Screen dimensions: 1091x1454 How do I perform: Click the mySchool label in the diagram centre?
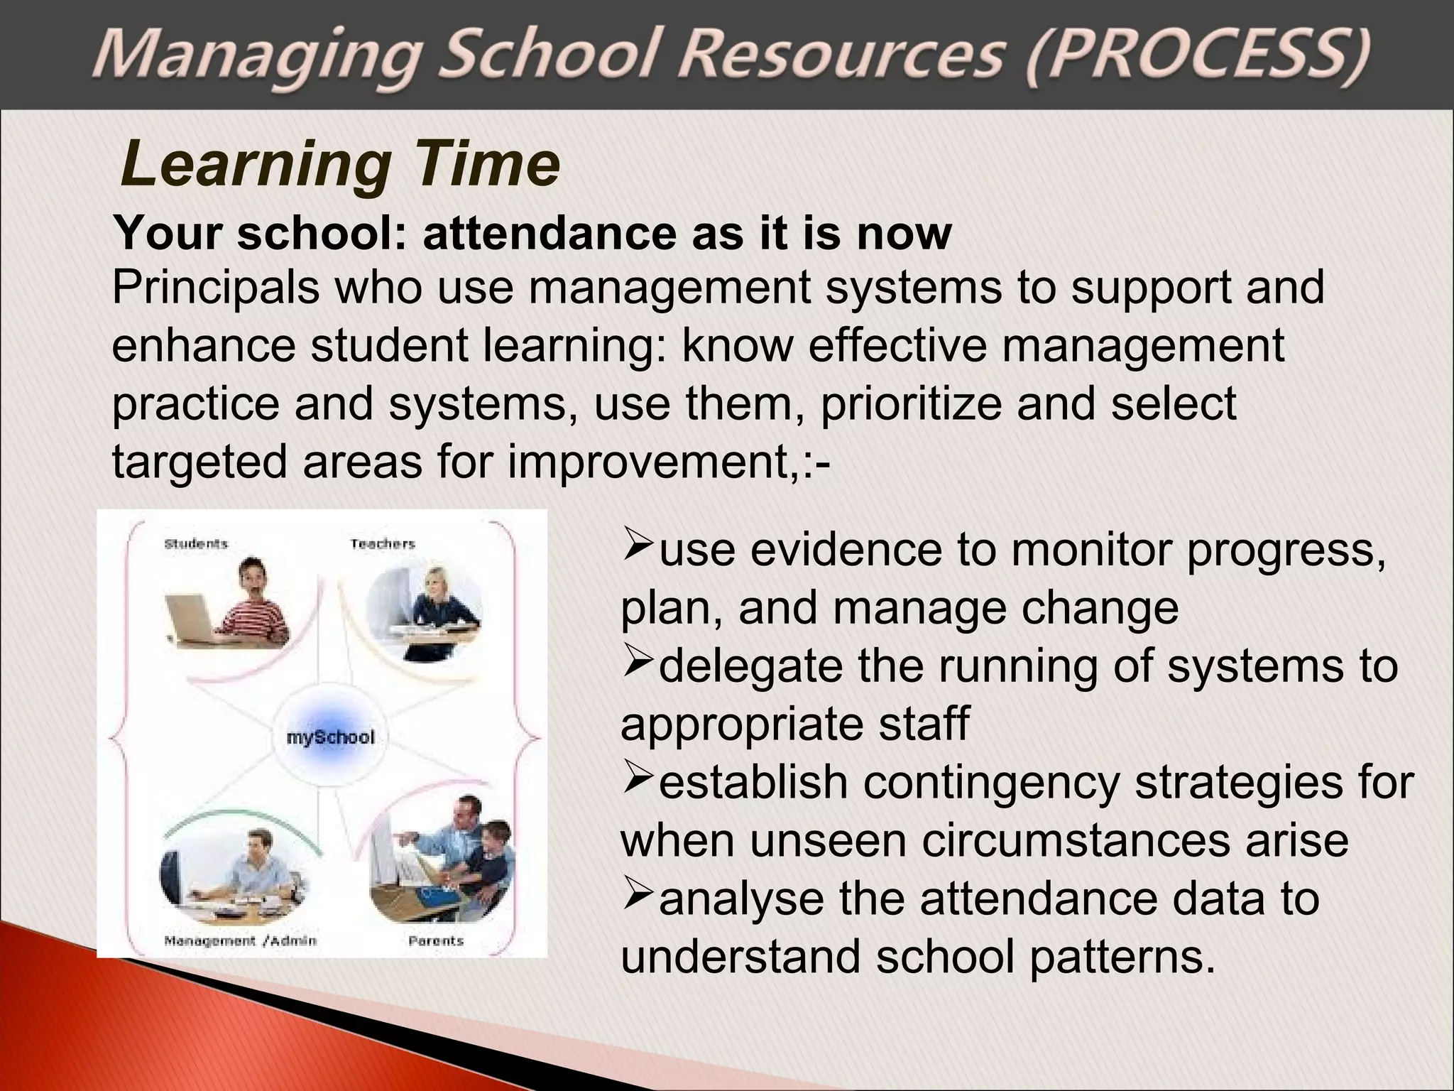click(330, 737)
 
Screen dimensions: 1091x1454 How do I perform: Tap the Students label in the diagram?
click(196, 544)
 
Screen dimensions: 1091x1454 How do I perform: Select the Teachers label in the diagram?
click(382, 544)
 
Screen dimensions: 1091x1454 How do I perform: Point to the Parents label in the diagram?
click(436, 940)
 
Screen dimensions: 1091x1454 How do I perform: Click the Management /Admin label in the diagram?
click(240, 940)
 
